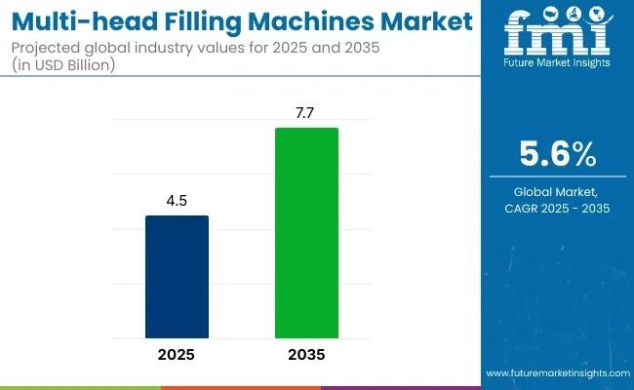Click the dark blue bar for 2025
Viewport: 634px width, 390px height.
click(x=177, y=277)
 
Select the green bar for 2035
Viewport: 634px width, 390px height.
click(x=306, y=233)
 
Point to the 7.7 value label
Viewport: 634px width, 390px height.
click(x=306, y=114)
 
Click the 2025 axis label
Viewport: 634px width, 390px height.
click(x=177, y=355)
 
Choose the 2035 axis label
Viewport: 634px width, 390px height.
click(x=306, y=355)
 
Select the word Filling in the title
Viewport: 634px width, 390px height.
click(x=186, y=20)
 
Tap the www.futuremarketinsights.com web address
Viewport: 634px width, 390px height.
click(x=556, y=373)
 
